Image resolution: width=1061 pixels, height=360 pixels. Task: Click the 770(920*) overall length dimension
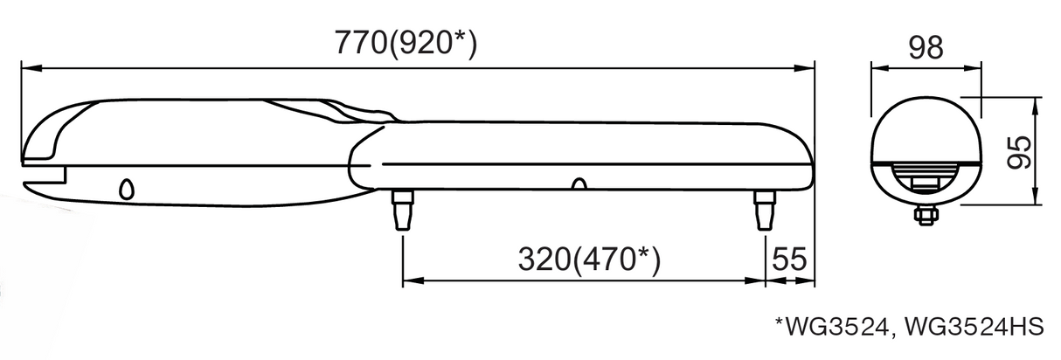coord(406,43)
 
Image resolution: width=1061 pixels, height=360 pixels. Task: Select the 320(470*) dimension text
coord(587,260)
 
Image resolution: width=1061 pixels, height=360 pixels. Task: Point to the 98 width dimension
coord(926,47)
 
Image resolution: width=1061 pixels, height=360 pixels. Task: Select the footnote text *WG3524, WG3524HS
coord(909,327)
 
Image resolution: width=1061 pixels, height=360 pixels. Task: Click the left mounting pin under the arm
coord(403,210)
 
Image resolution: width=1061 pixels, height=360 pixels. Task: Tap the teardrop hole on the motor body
coord(127,189)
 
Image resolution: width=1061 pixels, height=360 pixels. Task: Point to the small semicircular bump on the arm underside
coord(577,184)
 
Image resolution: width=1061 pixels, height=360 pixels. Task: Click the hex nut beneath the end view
coord(926,213)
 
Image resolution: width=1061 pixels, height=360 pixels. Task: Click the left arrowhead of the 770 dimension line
coord(26,66)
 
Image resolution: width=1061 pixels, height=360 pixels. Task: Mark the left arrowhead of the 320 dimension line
coord(408,281)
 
